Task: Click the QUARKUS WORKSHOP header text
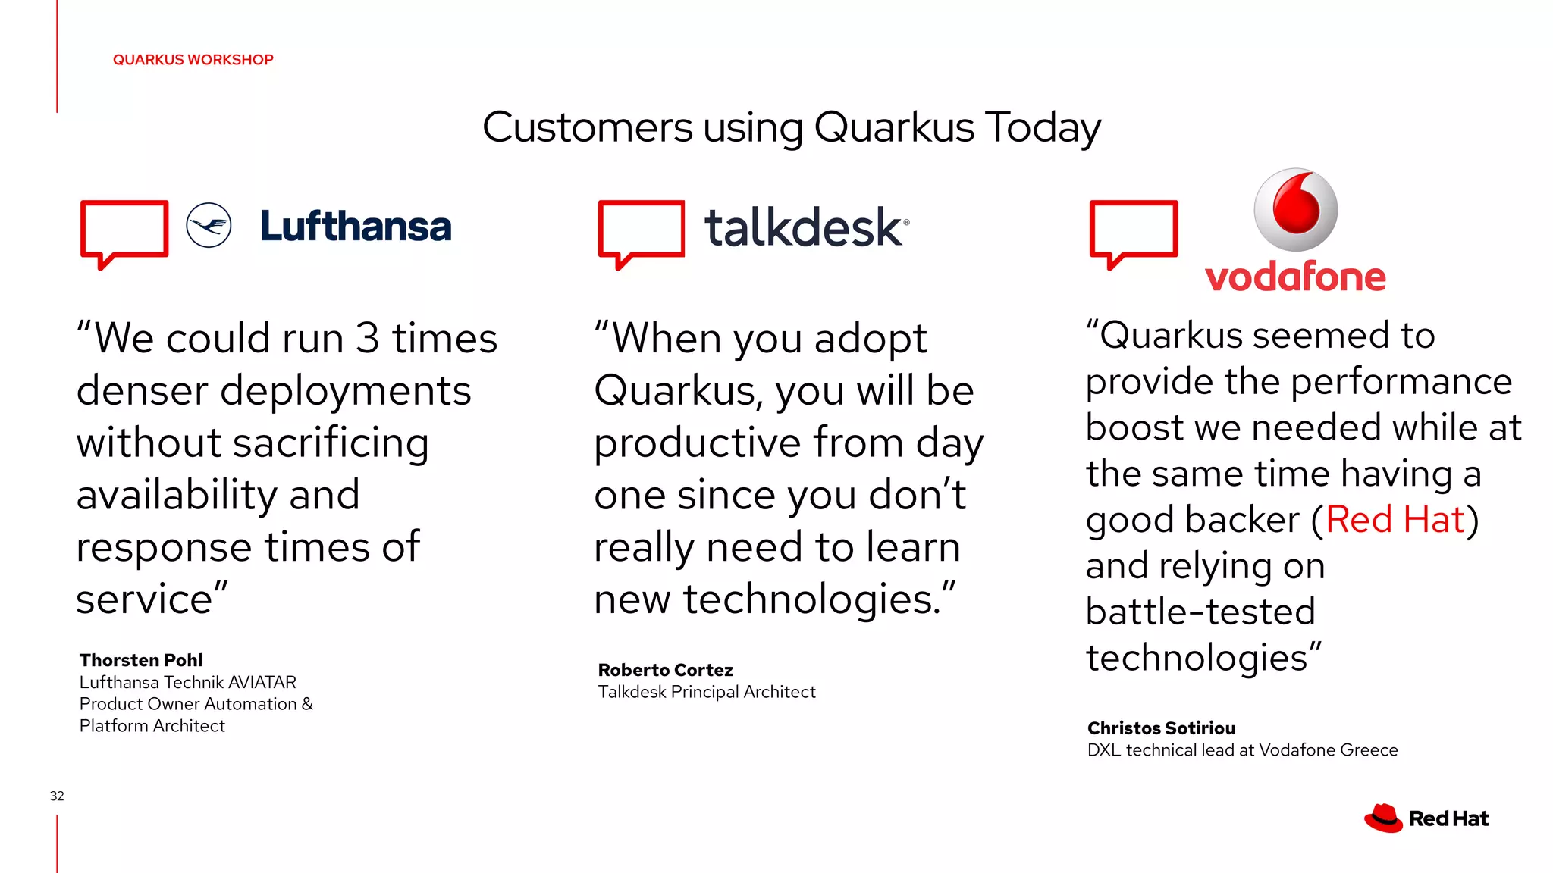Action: coord(193,60)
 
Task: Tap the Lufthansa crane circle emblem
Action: coord(209,225)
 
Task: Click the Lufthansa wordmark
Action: coord(356,227)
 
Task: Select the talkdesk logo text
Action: coord(805,227)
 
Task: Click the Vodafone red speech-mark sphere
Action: coord(1295,209)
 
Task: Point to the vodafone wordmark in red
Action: coord(1295,277)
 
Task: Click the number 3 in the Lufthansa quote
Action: coord(367,338)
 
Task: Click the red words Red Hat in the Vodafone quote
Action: coord(1395,520)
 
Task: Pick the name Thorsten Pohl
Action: coord(141,660)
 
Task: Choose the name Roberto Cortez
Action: coord(665,670)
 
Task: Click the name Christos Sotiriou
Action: coord(1161,728)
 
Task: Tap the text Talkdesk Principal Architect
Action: coord(706,692)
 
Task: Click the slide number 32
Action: coord(57,796)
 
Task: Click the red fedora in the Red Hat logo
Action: coord(1383,818)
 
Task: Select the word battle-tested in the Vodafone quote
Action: coord(1200,612)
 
